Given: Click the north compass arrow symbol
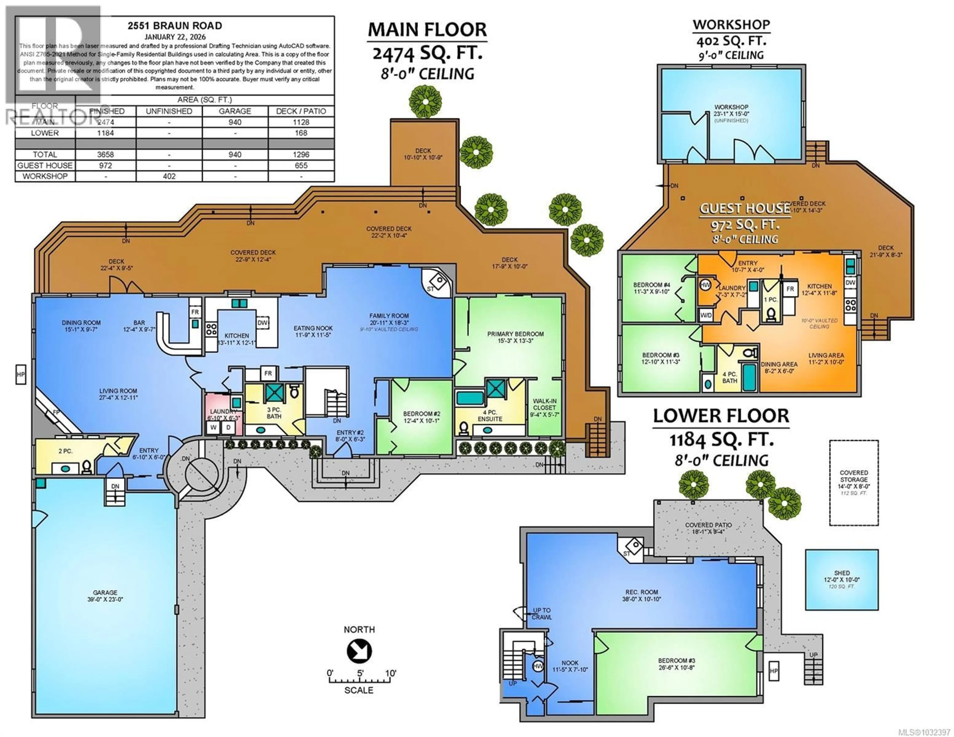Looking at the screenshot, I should [359, 651].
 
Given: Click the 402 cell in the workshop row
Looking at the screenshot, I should [169, 176].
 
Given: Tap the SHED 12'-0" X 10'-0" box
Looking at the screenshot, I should [841, 579].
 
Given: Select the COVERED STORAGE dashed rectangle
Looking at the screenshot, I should [854, 482].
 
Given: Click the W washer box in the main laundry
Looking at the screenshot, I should [214, 427].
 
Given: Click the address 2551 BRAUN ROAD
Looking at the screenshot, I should [175, 26].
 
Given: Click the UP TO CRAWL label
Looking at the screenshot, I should [542, 613].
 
